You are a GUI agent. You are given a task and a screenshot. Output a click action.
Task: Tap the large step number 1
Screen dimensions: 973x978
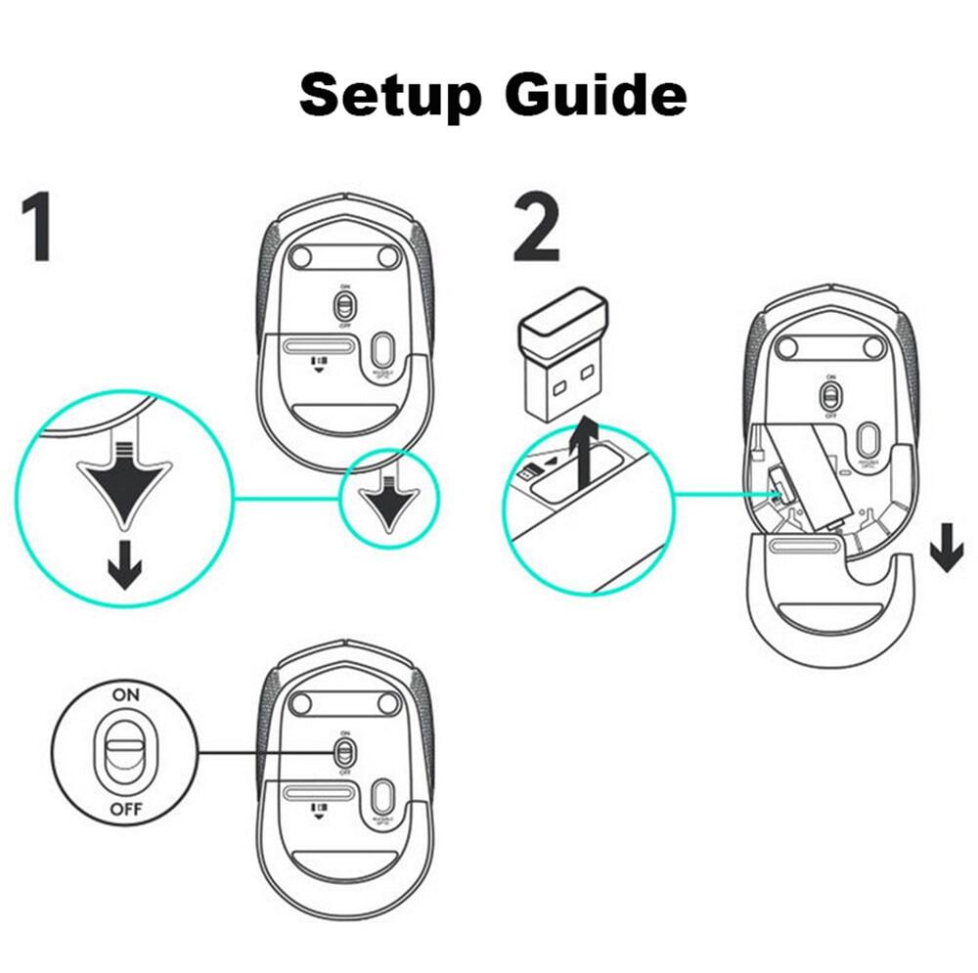tap(37, 229)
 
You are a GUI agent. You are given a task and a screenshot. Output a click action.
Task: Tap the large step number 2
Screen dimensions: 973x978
tap(536, 229)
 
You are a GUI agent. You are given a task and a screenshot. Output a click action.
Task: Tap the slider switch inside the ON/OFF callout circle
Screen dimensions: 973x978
tap(125, 752)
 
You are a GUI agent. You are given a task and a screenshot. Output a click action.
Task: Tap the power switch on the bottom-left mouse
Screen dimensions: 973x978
tap(343, 752)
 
